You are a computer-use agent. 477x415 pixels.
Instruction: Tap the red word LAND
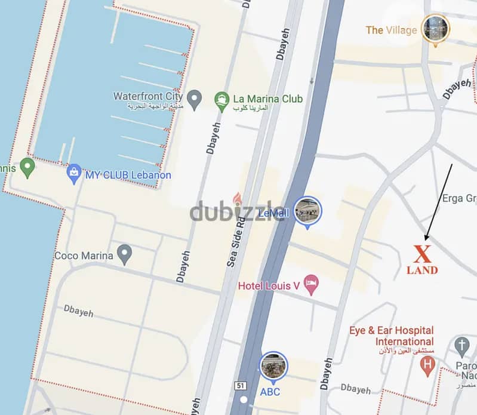point(423,270)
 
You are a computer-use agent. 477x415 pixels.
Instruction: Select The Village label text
point(391,30)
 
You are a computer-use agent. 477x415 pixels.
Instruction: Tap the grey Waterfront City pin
point(193,99)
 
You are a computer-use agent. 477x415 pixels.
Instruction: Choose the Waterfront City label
point(147,97)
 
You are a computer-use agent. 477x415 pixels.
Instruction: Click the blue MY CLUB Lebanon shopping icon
point(74,174)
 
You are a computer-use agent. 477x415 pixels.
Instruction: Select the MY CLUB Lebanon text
point(128,175)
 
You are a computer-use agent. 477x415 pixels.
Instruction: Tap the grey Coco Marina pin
point(124,254)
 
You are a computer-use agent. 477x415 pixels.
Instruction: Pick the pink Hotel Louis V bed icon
point(310,285)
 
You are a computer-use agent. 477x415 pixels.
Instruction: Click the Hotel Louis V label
point(268,285)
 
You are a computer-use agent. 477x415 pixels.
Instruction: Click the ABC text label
point(270,392)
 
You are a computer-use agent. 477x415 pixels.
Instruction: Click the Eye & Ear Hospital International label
point(392,336)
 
